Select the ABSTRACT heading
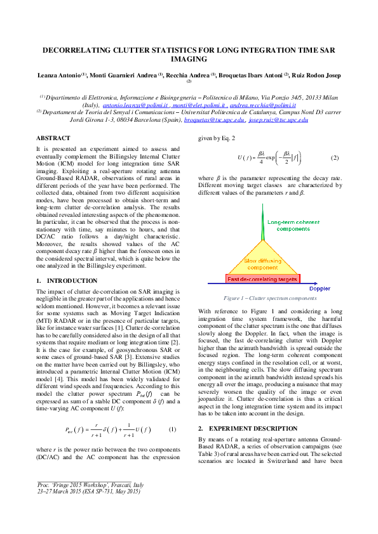point(53,138)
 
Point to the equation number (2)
point(335,157)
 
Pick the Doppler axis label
point(319,289)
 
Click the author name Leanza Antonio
point(58,75)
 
